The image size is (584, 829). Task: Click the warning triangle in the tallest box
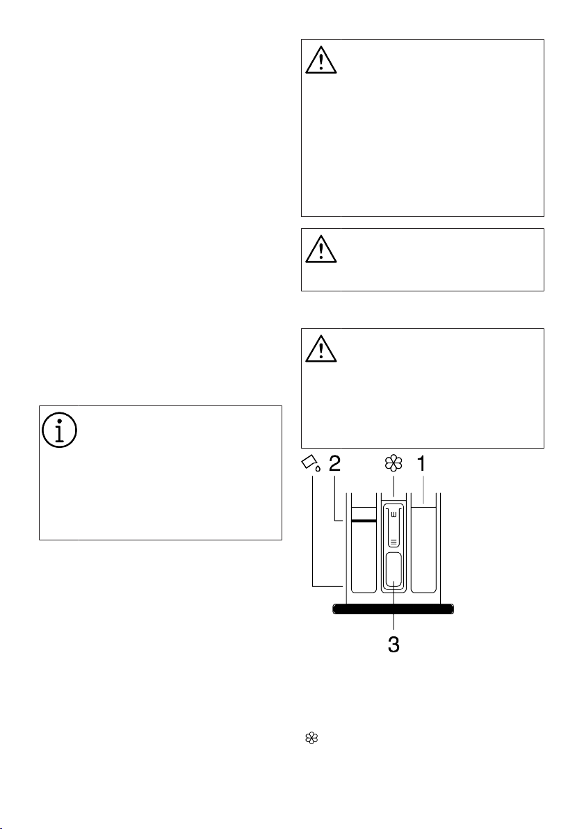(321, 60)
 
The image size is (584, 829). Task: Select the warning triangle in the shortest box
(321, 249)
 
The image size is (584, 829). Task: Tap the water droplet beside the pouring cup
(318, 467)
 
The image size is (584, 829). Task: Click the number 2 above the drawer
(334, 464)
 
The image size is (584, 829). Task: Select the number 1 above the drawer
(421, 464)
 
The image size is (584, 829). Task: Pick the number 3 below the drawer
(394, 645)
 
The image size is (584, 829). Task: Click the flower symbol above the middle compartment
(394, 464)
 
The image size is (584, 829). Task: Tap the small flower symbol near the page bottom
(312, 739)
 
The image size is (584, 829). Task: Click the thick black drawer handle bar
(394, 609)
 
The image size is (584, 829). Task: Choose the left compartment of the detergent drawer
(364, 550)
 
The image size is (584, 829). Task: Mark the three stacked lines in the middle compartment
(394, 541)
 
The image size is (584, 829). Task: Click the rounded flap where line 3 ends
(394, 570)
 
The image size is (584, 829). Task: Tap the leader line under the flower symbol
(394, 486)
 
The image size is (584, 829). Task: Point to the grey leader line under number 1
(423, 488)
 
